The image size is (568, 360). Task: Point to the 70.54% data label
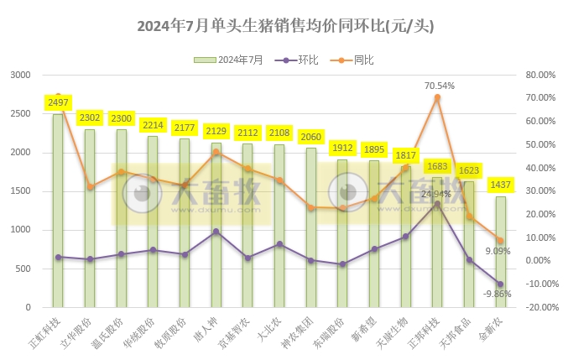coord(439,85)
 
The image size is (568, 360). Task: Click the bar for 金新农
coord(500,252)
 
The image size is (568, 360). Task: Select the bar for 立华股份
coord(90,218)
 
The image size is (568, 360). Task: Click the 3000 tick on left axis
coord(19,75)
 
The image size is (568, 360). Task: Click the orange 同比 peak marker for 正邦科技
coord(437,97)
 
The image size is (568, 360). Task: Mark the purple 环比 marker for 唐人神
coord(216,232)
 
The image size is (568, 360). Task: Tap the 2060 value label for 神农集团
coord(311,137)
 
